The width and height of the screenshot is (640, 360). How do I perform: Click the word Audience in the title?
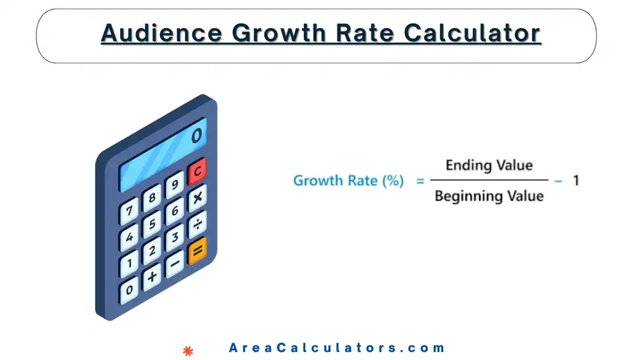pyautogui.click(x=161, y=33)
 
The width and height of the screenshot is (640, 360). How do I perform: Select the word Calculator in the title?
pyautogui.click(x=472, y=33)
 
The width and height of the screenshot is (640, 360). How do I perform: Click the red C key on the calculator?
pyautogui.click(x=197, y=171)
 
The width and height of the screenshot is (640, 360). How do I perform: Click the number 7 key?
pyautogui.click(x=129, y=211)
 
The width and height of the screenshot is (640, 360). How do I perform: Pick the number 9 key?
pyautogui.click(x=174, y=184)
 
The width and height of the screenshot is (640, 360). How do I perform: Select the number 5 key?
pyautogui.click(x=152, y=224)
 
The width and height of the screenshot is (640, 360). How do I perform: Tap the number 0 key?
pyautogui.click(x=129, y=289)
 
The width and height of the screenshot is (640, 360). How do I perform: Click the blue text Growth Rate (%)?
pyautogui.click(x=348, y=181)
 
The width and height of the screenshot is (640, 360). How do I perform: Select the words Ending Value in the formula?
pyautogui.click(x=489, y=166)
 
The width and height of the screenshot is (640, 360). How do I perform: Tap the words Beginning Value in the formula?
pyautogui.click(x=489, y=196)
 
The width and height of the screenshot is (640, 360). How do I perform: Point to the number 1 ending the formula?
pyautogui.click(x=576, y=181)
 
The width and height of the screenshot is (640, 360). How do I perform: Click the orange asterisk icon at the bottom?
pyautogui.click(x=187, y=351)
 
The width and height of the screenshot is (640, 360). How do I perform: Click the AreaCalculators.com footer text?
pyautogui.click(x=337, y=348)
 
